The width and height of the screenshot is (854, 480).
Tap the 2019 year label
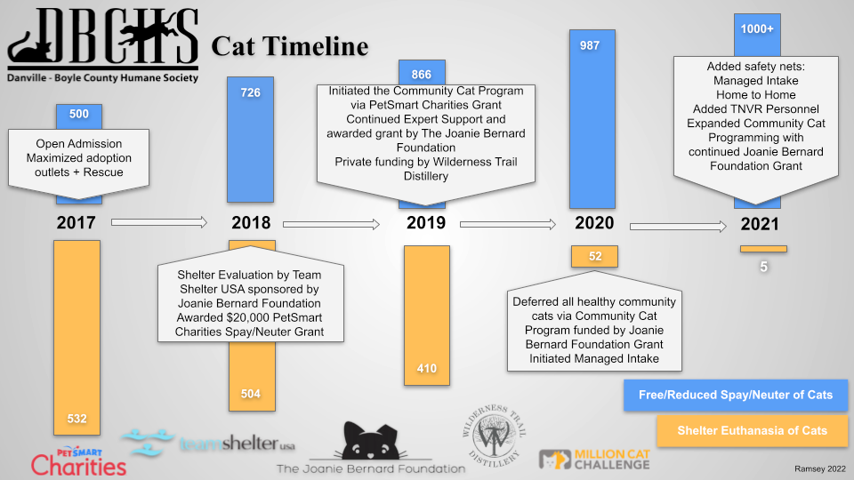[426, 223]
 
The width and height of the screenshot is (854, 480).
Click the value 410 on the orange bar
[427, 368]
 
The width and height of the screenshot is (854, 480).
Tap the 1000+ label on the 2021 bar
[757, 28]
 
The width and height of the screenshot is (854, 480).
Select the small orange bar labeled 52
[595, 256]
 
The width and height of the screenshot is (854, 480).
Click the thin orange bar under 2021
[763, 248]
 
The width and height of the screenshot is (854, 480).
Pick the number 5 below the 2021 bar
[763, 265]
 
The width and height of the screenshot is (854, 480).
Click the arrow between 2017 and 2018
[159, 223]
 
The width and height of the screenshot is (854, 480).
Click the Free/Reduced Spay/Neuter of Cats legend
[734, 394]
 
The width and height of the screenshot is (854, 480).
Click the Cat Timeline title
[289, 46]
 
